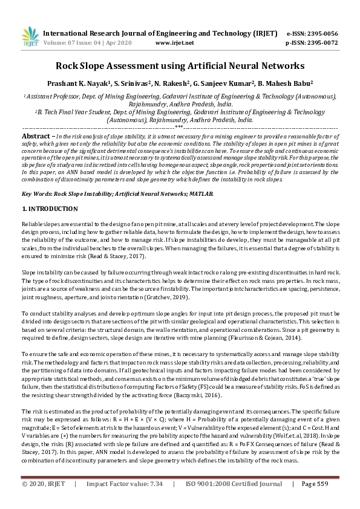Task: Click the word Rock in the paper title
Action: (68, 65)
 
